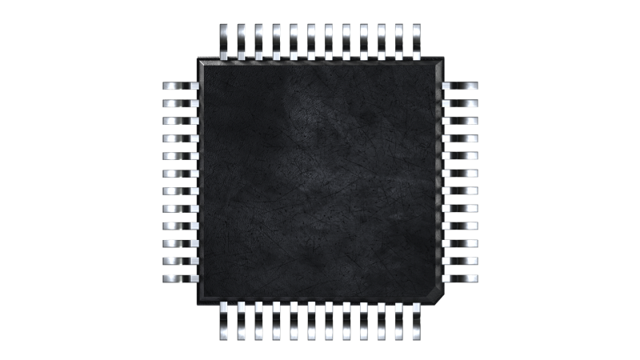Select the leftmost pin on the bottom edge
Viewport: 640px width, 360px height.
pos(224,322)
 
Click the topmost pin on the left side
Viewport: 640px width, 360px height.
pos(180,86)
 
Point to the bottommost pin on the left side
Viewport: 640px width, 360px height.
pos(180,278)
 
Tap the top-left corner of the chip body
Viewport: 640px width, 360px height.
pos(200,59)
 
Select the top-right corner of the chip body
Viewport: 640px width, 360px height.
pos(442,59)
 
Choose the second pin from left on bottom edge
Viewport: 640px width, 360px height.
pos(242,322)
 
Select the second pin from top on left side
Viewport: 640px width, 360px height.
pos(180,103)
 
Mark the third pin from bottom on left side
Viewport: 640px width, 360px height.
pos(180,243)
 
